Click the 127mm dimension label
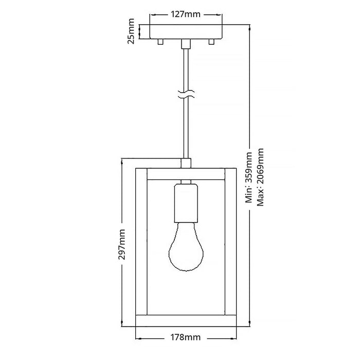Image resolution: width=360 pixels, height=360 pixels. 186,14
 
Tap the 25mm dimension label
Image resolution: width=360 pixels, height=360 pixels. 131,31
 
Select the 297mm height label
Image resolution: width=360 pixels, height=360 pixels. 122,244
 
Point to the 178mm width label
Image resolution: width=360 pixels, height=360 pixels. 186,337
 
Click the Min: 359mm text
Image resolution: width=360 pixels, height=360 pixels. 249,177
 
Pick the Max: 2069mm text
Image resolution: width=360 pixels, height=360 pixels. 260,177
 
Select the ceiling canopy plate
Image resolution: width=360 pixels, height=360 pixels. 186,32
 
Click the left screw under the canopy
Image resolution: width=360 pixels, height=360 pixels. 160,42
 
